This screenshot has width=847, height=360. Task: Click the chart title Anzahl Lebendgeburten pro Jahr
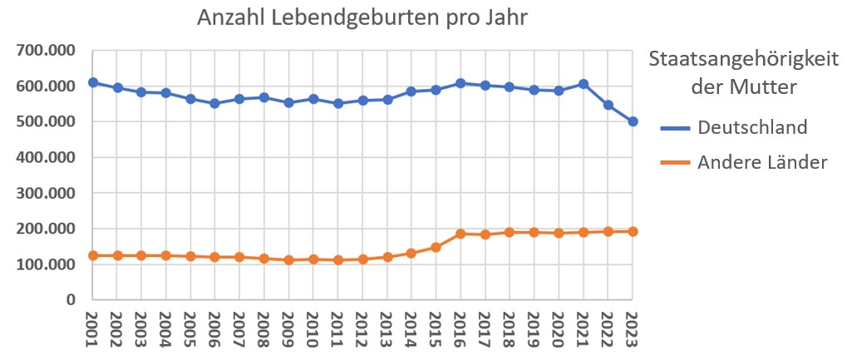(x=362, y=17)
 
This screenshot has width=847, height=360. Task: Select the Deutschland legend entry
(x=752, y=127)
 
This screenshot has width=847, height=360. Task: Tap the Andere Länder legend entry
(x=762, y=163)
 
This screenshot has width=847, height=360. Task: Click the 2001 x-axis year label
(x=93, y=328)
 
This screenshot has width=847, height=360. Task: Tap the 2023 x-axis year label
(x=633, y=328)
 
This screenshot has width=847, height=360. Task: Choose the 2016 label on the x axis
(x=460, y=328)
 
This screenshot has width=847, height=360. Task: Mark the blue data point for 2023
(x=633, y=121)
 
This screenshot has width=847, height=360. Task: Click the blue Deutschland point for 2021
(x=584, y=84)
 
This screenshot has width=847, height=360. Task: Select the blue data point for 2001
(x=93, y=82)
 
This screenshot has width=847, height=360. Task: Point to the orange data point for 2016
(x=460, y=234)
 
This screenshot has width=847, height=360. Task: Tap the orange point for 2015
(x=436, y=247)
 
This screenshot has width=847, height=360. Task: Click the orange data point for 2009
(x=289, y=259)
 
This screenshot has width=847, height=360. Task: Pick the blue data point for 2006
(x=215, y=103)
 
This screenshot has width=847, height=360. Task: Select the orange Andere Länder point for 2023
(x=633, y=231)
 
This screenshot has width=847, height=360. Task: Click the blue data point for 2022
(x=608, y=105)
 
